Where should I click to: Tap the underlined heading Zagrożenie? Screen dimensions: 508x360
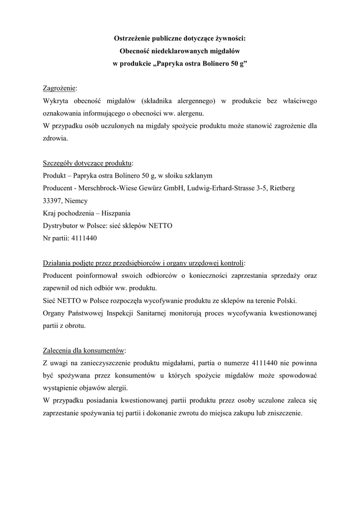(x=59, y=88)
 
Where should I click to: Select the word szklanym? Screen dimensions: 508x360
(x=199, y=176)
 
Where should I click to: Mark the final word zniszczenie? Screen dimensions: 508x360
(x=285, y=413)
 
